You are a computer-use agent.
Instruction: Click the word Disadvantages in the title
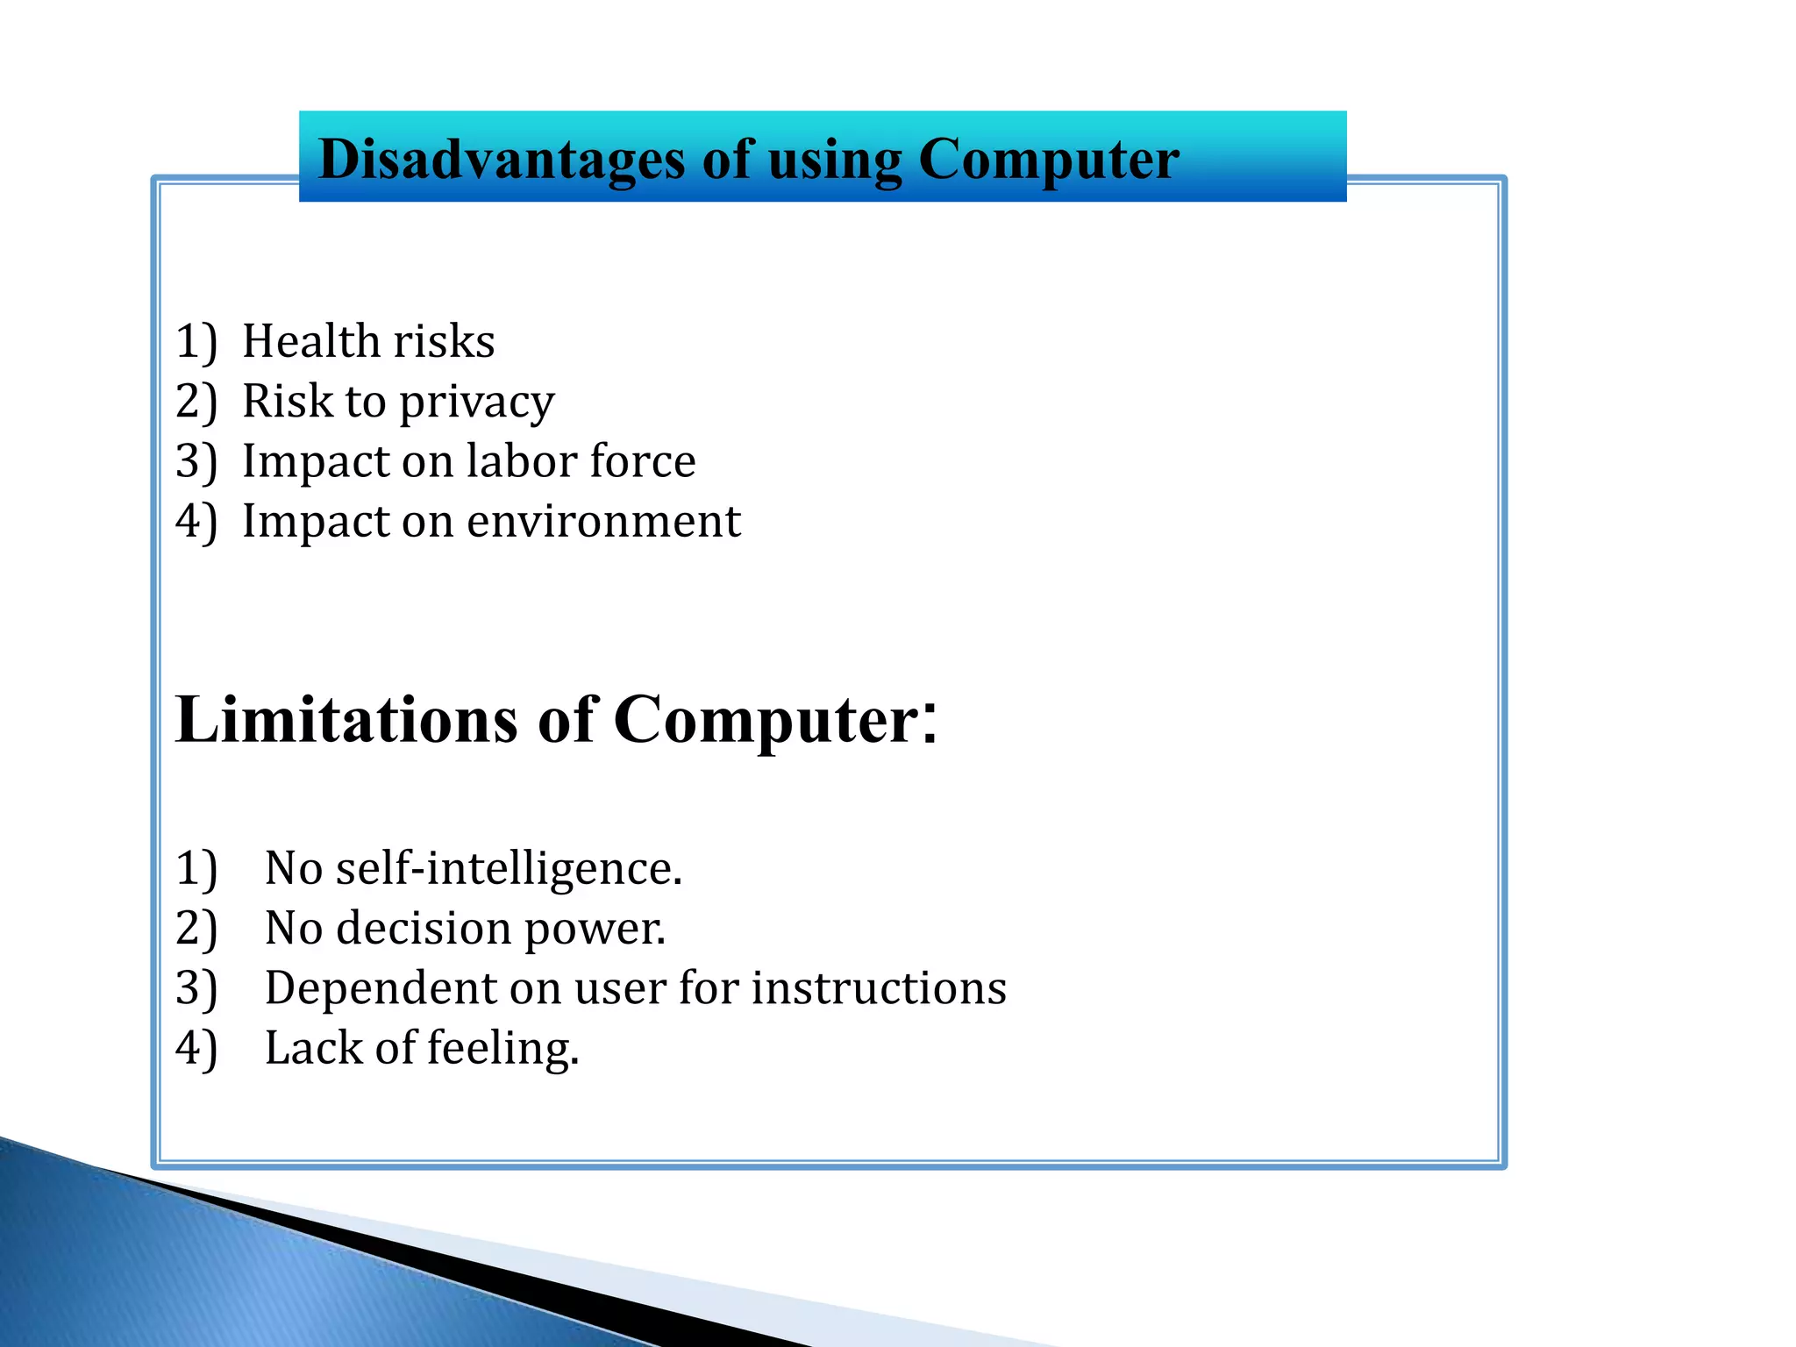(501, 160)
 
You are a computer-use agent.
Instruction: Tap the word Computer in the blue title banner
(1048, 160)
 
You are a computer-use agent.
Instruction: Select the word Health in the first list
(310, 341)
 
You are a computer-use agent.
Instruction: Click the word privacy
(477, 403)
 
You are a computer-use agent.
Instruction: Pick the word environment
(603, 522)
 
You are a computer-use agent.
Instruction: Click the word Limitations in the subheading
(346, 721)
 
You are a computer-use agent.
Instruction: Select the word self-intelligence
(509, 869)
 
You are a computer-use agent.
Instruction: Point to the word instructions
(879, 988)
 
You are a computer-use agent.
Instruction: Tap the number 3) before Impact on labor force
(196, 462)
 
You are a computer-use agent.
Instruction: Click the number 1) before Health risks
(196, 342)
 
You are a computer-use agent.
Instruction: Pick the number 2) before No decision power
(196, 930)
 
